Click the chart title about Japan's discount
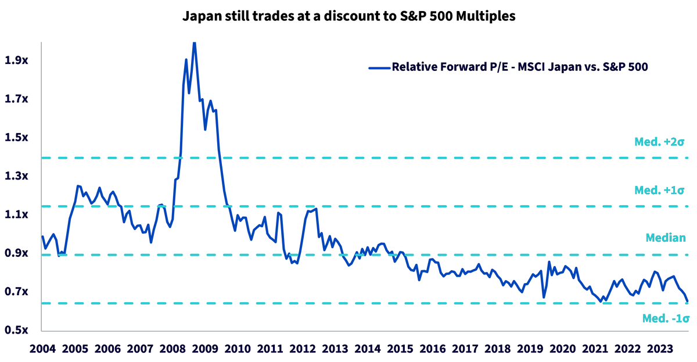pyautogui.click(x=348, y=16)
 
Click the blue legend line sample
pyautogui.click(x=379, y=67)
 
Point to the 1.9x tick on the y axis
pyautogui.click(x=16, y=60)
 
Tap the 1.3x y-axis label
pyautogui.click(x=16, y=176)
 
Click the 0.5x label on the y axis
pyautogui.click(x=16, y=329)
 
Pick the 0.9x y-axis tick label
pyautogui.click(x=16, y=253)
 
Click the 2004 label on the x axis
pyautogui.click(x=42, y=349)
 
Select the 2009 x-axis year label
pyautogui.click(x=205, y=349)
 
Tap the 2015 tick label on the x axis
pyautogui.click(x=400, y=349)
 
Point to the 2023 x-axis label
pyautogui.click(x=660, y=349)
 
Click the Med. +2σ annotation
pyautogui.click(x=659, y=142)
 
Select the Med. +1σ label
pyautogui.click(x=659, y=190)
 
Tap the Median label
pyautogui.click(x=666, y=238)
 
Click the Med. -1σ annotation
pyautogui.click(x=666, y=318)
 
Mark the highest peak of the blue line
pyautogui.click(x=194, y=43)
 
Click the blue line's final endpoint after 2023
pyautogui.click(x=687, y=302)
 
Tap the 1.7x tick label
pyautogui.click(x=16, y=99)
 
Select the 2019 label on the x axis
pyautogui.click(x=530, y=349)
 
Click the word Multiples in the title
pyautogui.click(x=486, y=16)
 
